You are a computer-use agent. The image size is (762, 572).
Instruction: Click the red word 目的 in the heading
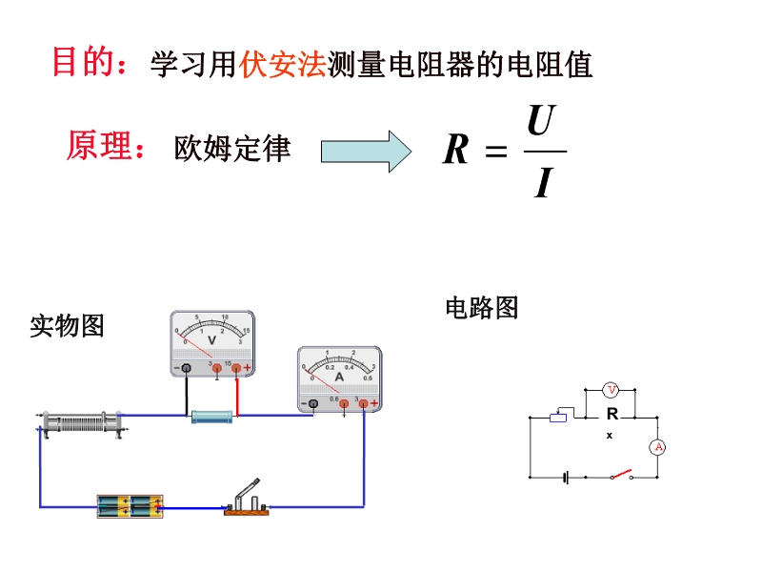78,63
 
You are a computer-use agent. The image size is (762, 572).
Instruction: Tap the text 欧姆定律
232,148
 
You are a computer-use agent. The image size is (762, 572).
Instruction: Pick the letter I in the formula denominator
543,182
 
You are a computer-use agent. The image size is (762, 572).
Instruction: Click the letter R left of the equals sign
456,151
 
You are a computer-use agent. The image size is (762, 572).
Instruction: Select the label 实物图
67,326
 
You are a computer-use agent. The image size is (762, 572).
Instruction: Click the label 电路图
482,307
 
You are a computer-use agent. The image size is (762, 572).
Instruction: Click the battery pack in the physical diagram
130,505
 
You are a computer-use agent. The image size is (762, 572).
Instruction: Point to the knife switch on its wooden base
247,501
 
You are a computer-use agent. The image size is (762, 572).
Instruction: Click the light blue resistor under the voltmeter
211,417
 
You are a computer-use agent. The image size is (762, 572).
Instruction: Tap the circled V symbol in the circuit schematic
612,389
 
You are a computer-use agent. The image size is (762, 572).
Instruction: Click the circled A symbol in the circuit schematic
656,447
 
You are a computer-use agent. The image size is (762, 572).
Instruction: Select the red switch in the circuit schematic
623,473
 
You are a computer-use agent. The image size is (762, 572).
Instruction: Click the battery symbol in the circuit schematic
567,477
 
